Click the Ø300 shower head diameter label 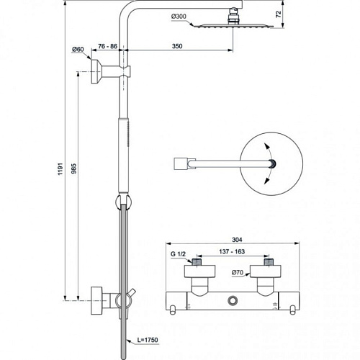(179, 17)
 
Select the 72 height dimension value (279, 14)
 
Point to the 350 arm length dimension (177, 46)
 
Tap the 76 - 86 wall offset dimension (107, 46)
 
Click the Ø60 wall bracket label (78, 50)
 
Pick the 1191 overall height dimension (60, 168)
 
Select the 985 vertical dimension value (74, 168)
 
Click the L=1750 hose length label (148, 340)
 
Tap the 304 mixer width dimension (237, 240)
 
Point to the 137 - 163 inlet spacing (232, 251)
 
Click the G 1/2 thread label (178, 254)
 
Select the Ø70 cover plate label (238, 272)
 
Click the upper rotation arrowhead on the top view (266, 146)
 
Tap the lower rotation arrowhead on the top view (266, 181)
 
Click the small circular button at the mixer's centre (233, 300)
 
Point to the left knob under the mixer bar (172, 310)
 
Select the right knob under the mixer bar (292, 310)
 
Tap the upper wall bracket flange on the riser (96, 71)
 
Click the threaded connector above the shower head (233, 17)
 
